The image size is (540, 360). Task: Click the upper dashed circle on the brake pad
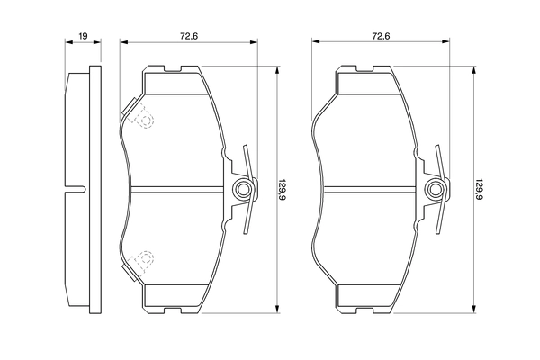(141, 115)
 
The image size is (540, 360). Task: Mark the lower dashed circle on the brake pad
(141, 262)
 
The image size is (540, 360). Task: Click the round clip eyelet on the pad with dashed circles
(243, 189)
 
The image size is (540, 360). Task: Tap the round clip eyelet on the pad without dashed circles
(436, 189)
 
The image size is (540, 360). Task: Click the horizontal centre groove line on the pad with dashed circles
(180, 189)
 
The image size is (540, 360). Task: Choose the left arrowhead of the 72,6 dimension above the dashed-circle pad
(122, 42)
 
